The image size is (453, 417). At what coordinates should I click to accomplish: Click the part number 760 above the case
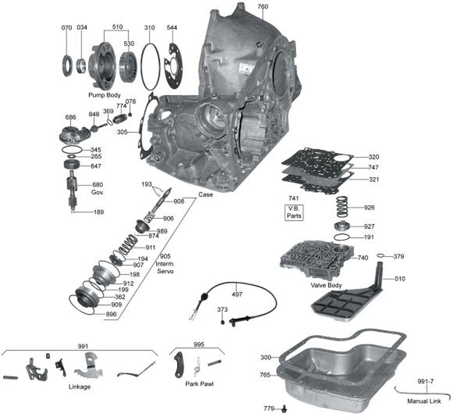click(263, 7)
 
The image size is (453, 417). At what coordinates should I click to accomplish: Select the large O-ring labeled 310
click(150, 65)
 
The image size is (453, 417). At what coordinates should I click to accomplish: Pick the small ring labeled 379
click(381, 256)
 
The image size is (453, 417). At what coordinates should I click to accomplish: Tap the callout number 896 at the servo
click(111, 314)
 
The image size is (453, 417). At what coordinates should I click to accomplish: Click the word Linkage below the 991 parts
click(80, 387)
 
